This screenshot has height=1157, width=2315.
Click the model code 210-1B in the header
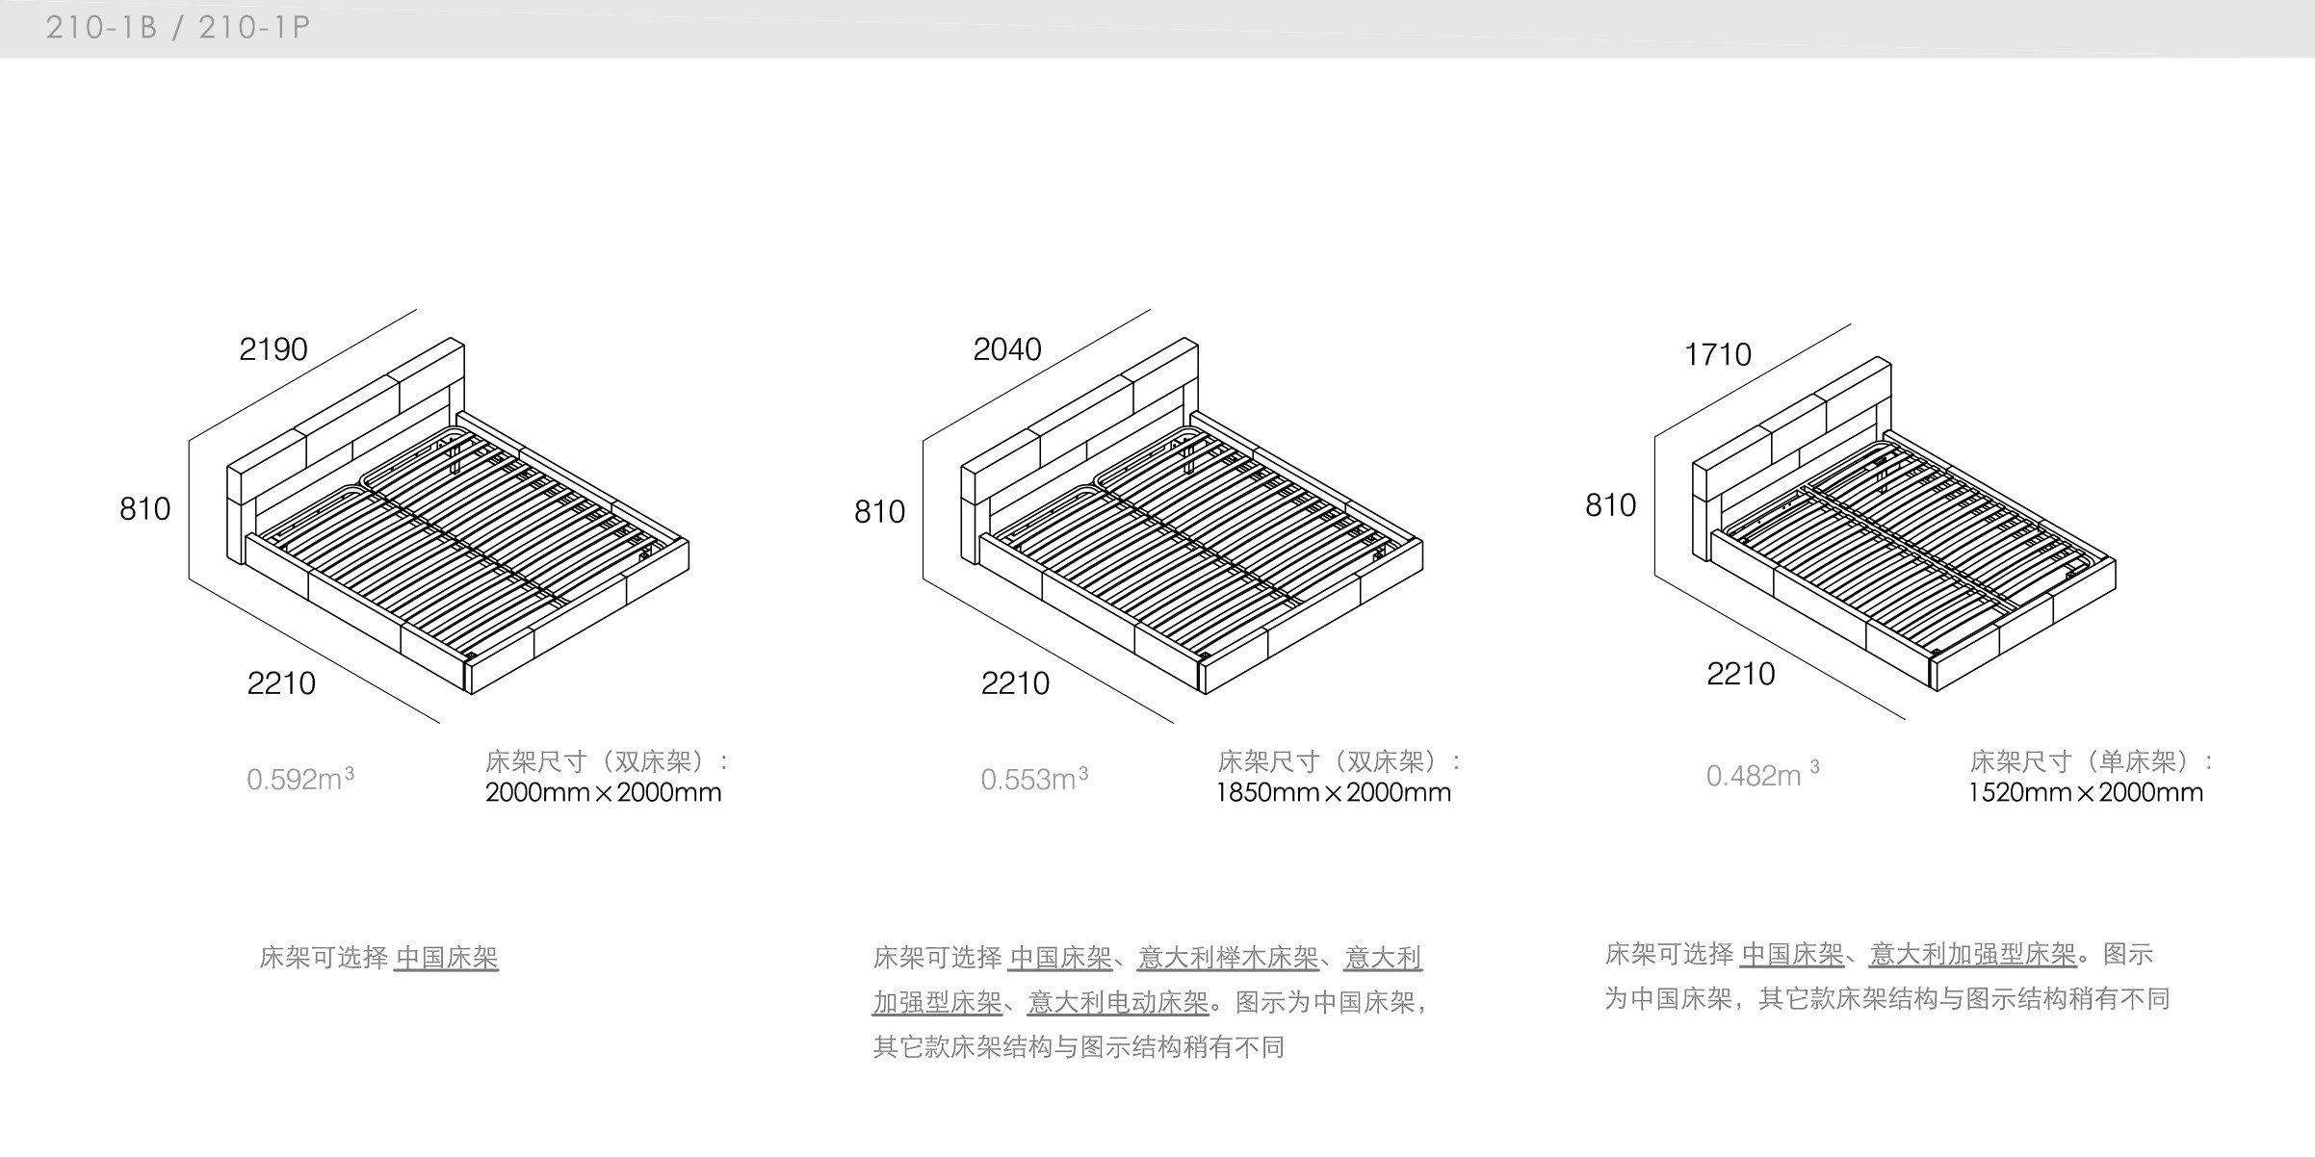coord(101,27)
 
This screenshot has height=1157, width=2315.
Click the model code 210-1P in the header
coord(254,27)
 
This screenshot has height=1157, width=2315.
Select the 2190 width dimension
coord(273,348)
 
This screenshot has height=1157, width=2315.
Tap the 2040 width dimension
coord(1007,348)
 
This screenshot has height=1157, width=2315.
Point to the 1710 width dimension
coord(1718,354)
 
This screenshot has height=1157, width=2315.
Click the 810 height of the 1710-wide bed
coord(1611,504)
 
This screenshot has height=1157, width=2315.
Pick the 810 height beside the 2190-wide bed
coord(145,508)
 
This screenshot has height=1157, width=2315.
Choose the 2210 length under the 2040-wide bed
coord(1015,683)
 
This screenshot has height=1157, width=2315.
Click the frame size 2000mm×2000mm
coord(603,793)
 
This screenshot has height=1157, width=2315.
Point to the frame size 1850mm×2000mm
coord(1334,793)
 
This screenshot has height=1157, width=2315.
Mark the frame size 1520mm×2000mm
coord(2086,793)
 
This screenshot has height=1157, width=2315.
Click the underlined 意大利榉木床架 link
coord(1228,958)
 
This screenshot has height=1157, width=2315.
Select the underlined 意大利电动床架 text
coord(1118,1002)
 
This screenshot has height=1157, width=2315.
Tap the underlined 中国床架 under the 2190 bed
coord(447,958)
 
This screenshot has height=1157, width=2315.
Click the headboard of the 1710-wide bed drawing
coord(1791,424)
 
